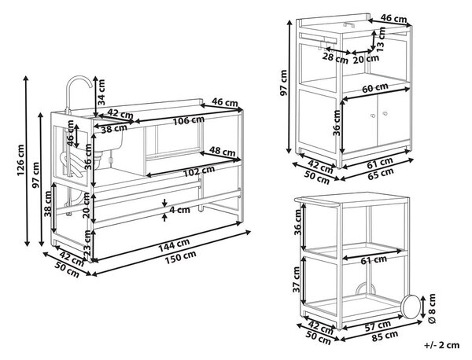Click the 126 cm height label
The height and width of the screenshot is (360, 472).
coord(20,160)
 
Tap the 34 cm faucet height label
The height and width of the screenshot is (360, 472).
coord(101,92)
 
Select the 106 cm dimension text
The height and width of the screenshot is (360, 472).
coord(189,120)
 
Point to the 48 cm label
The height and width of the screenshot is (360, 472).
coord(222,151)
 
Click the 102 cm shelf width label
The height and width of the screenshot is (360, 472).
coord(199,171)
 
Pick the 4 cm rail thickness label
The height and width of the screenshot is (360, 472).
coord(179,209)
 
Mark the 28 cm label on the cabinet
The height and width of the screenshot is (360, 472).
coord(335,57)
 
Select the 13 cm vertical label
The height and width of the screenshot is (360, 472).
coord(382,39)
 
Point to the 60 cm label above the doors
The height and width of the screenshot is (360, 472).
coord(374,87)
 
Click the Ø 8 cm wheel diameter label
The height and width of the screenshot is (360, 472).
coord(431,308)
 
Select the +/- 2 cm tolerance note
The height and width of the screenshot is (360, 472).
coord(442,345)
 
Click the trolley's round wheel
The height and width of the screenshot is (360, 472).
coord(411,307)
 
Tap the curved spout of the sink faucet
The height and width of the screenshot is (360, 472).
coord(79,81)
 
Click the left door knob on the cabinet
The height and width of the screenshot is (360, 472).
coord(373,116)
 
